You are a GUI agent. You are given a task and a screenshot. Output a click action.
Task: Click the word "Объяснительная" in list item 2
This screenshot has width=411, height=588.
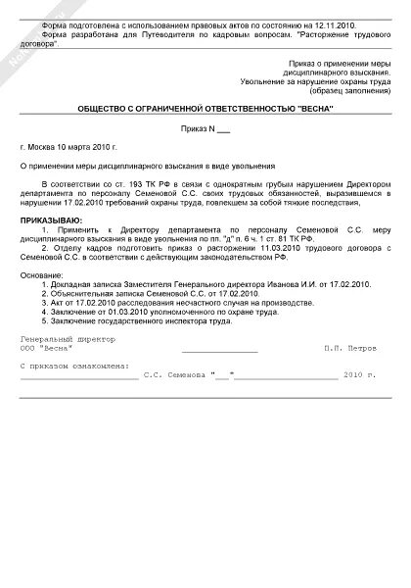click(x=85, y=294)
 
